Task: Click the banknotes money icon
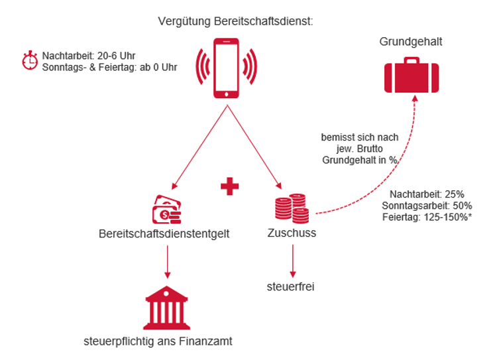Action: tap(166, 210)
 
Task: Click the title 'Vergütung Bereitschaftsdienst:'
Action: tap(235, 21)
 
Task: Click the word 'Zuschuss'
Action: tap(291, 233)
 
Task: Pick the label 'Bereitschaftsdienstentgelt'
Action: tap(164, 233)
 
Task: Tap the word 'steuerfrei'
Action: tap(292, 286)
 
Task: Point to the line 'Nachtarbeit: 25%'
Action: tap(427, 194)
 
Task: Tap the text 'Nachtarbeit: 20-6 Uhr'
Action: tap(88, 56)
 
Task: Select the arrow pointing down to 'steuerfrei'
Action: tap(292, 260)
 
